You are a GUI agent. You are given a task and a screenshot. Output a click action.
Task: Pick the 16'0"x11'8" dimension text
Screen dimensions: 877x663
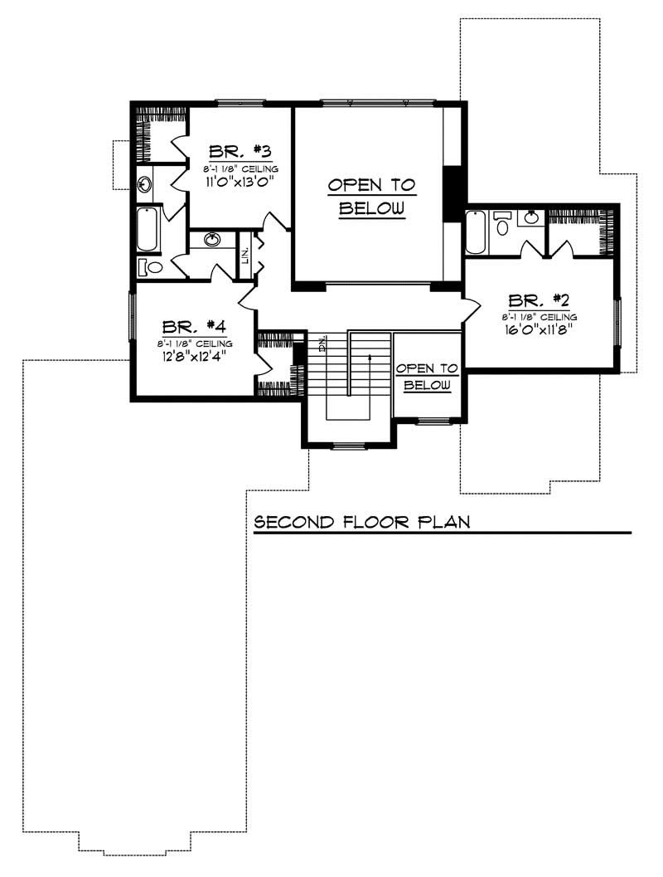[539, 329]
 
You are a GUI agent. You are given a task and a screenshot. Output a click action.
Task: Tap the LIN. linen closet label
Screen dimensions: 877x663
[245, 256]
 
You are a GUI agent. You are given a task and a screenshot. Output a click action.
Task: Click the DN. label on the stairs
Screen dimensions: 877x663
[322, 343]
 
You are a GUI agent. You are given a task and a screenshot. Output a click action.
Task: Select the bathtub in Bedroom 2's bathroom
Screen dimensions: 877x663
[475, 233]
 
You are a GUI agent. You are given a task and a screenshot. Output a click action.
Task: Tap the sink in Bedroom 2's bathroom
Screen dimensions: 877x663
[530, 219]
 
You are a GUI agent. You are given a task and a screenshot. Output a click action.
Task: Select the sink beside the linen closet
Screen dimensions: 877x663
[212, 241]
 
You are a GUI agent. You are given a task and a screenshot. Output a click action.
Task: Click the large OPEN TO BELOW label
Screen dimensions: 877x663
[371, 197]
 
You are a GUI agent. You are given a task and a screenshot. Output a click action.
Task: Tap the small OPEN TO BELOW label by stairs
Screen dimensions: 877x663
[427, 377]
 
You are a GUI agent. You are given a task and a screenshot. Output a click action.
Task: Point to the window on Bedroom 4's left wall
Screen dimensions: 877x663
[131, 315]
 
